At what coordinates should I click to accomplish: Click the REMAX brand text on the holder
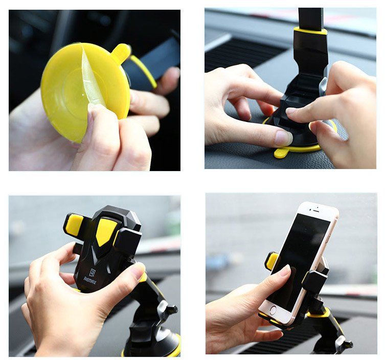click(90, 280)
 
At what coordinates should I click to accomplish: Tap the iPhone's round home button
click(273, 310)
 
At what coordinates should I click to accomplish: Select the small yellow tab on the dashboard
click(281, 152)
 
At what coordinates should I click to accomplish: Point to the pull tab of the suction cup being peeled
click(121, 52)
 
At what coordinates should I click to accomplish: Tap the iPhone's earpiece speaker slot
click(314, 210)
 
